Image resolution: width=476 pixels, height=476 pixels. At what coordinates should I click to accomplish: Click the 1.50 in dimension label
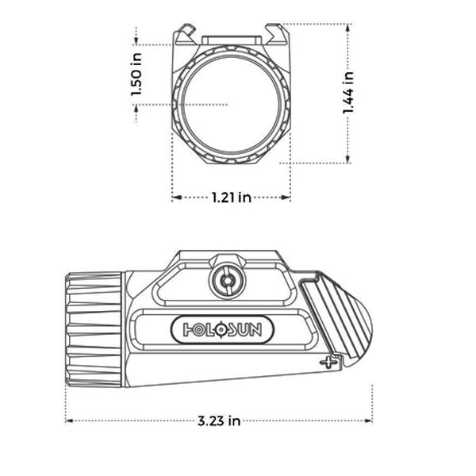pos(136,74)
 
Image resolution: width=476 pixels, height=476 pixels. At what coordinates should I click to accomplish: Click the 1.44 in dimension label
pos(348,94)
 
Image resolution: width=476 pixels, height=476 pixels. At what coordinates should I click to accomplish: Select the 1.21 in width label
pos(231,197)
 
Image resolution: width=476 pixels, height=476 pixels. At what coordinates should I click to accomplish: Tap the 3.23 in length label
pos(220,421)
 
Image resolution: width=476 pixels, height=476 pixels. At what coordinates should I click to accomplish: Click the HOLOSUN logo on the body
pos(220,328)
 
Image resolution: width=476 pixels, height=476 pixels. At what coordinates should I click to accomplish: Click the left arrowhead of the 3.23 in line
pos(69,421)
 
